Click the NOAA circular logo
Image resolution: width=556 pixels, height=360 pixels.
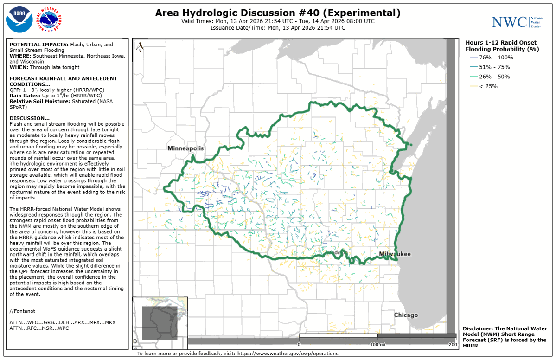(19, 19)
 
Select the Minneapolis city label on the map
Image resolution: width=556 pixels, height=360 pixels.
(185, 148)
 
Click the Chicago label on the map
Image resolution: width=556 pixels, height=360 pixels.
(406, 315)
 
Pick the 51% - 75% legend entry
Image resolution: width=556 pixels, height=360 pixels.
(492, 67)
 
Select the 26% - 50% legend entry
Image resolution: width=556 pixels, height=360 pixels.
(492, 77)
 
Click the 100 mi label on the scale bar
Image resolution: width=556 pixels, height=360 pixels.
(377, 344)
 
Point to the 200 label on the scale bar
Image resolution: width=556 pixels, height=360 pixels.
(453, 344)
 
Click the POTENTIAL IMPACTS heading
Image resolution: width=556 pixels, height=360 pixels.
(38, 45)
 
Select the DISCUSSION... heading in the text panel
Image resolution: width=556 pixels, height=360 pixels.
(29, 118)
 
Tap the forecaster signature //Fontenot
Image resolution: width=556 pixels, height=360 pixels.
(23, 310)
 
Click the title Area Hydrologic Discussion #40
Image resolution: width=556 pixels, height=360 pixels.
(277, 13)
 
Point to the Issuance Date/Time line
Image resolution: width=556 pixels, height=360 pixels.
(277, 28)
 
